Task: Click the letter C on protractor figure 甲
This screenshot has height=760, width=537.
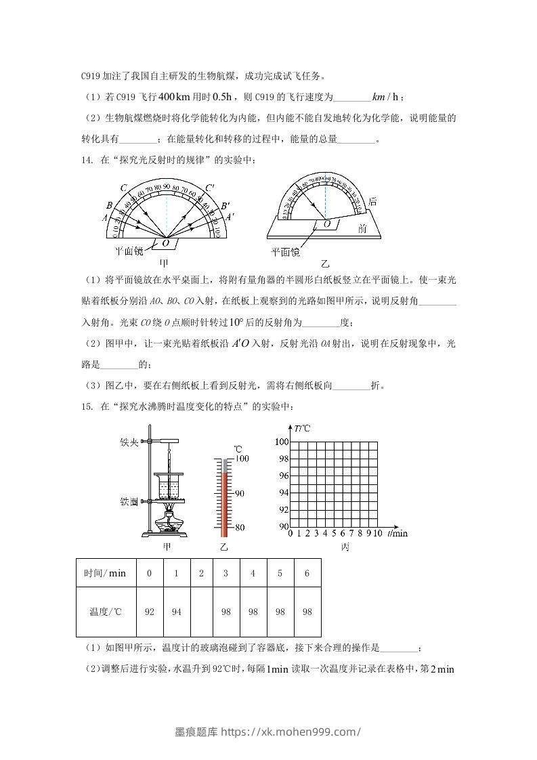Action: (123, 188)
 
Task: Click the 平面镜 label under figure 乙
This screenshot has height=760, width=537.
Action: (285, 252)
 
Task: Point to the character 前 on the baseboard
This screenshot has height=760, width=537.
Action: (362, 230)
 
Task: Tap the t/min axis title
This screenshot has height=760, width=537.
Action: (398, 534)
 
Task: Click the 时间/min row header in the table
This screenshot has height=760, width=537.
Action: (105, 574)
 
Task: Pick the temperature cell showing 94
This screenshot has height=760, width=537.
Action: (176, 612)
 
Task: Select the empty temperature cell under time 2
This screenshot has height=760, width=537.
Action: (201, 612)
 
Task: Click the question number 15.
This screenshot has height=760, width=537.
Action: (86, 407)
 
